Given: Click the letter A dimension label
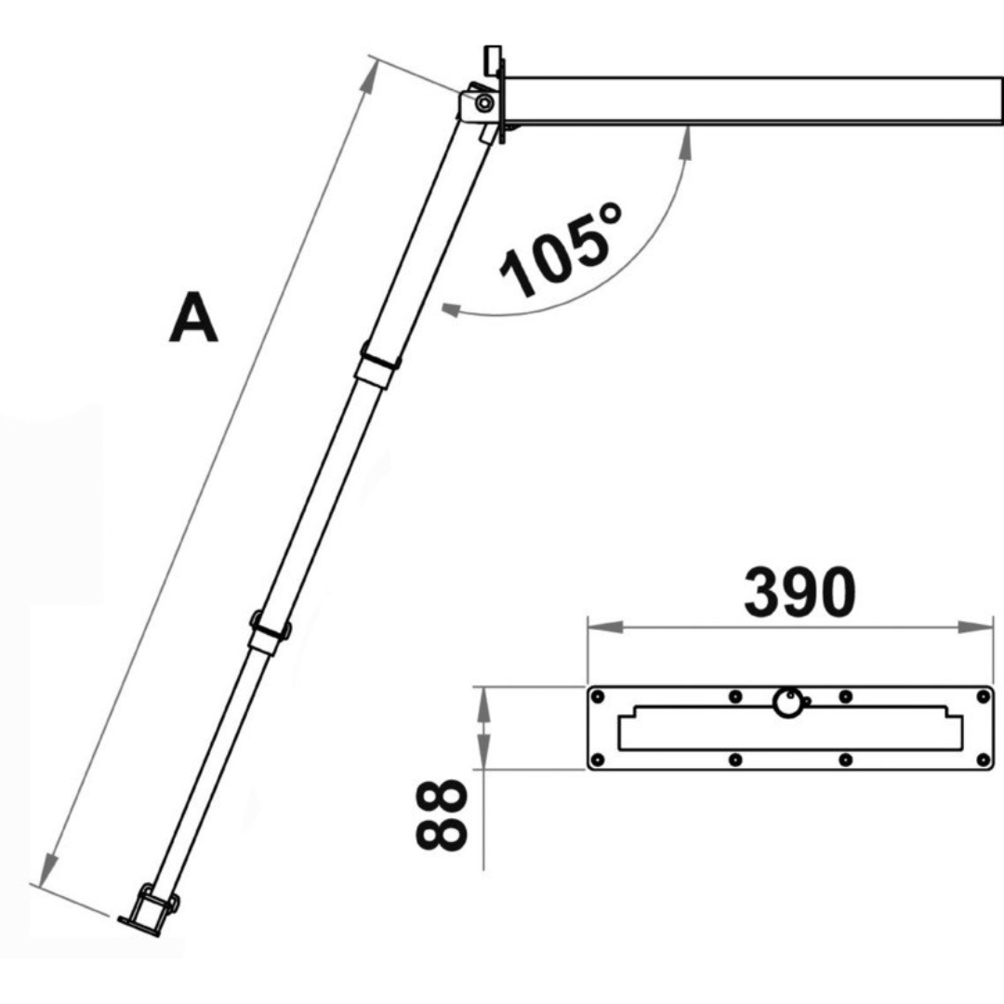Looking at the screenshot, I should (x=193, y=318).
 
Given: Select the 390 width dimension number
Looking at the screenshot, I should (x=799, y=594).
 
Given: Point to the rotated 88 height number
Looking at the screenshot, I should (x=438, y=815).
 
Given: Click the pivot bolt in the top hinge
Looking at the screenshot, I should (x=483, y=103).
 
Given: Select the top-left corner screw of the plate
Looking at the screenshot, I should (x=599, y=696).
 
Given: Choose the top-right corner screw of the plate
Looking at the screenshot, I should (x=983, y=696).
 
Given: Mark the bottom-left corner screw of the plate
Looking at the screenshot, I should (x=599, y=760).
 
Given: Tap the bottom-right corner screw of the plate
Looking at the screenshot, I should (x=983, y=760).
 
